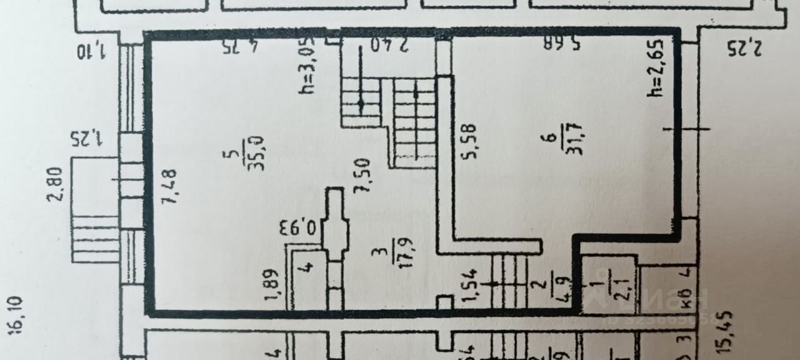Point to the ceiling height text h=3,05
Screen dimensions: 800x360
tap(307, 65)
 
